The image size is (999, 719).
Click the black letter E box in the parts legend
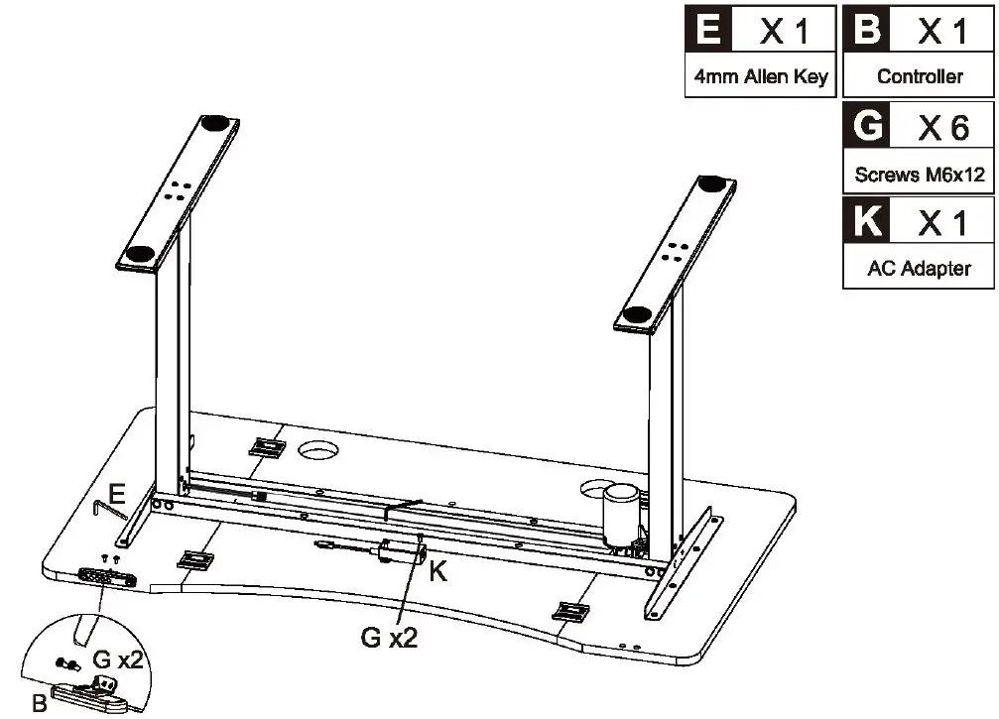click(708, 29)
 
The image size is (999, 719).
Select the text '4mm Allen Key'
click(761, 76)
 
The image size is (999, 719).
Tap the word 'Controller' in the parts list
click(920, 76)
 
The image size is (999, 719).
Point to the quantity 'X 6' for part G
click(942, 128)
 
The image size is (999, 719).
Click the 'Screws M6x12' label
click(920, 174)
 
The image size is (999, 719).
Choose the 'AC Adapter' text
click(919, 268)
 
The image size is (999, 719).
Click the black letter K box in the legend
click(866, 220)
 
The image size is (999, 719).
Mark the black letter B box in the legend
click(866, 29)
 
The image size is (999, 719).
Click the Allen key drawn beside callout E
click(109, 509)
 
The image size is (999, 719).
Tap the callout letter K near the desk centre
click(437, 571)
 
